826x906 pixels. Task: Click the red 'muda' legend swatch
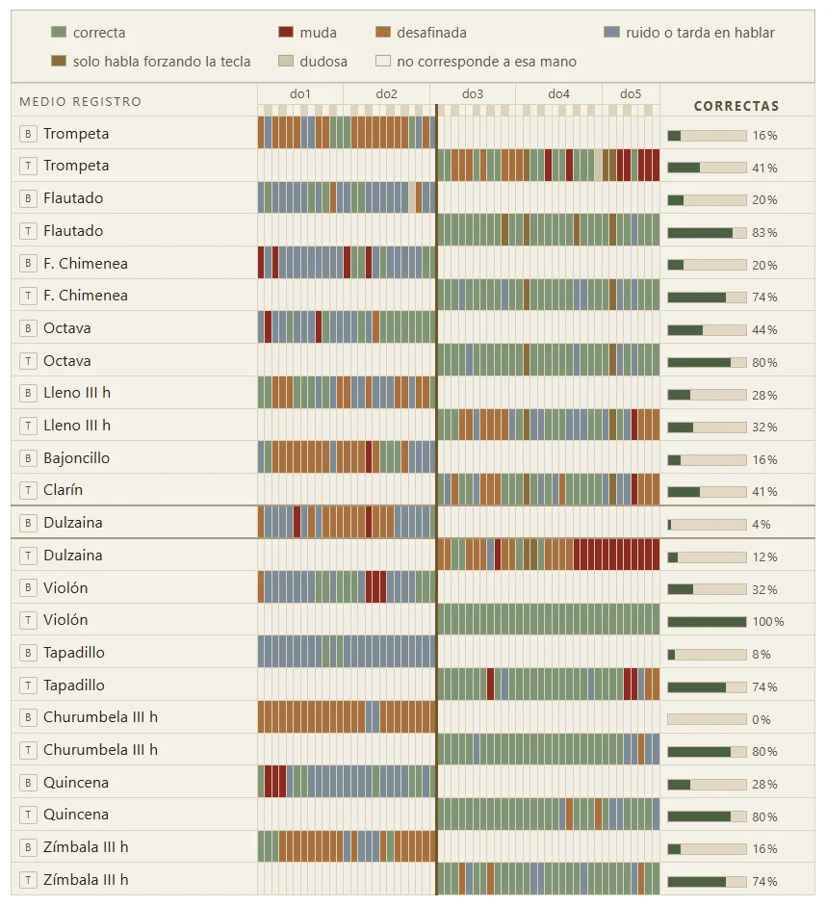[285, 33]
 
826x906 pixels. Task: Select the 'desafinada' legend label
[431, 33]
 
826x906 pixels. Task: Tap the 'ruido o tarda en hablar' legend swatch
[611, 33]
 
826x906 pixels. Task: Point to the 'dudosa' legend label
[323, 62]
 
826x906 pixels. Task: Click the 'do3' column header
[473, 94]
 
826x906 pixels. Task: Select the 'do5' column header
[631, 94]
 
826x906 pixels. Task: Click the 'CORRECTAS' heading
[736, 106]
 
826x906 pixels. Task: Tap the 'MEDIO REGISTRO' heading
[80, 102]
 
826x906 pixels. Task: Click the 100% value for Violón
[767, 622]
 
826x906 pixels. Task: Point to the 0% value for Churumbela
[761, 720]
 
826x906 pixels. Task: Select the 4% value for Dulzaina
[761, 525]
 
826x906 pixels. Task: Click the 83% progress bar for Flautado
[707, 233]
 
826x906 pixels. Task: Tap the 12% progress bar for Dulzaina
[707, 557]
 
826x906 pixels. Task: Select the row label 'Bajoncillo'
[76, 458]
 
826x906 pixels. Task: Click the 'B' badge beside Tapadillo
[28, 653]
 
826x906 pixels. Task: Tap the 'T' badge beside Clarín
[28, 491]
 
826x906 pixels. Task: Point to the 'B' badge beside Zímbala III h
[28, 847]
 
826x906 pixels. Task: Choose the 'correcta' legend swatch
[59, 33]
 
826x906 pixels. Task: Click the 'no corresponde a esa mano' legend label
[486, 62]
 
